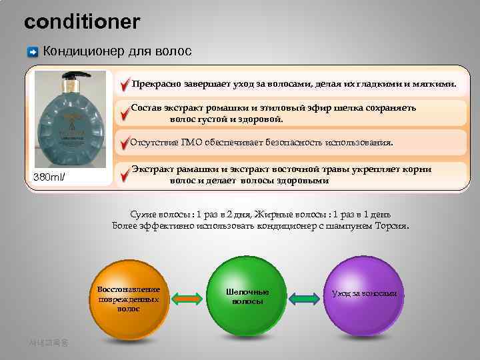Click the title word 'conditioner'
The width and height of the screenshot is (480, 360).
(82, 23)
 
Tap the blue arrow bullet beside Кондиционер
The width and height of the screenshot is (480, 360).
(33, 52)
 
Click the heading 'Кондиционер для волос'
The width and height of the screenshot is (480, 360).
(117, 51)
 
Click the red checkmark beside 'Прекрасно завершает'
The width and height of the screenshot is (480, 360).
(125, 85)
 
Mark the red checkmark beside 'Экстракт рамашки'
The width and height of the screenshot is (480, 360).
(125, 174)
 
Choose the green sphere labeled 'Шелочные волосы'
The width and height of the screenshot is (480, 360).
(247, 297)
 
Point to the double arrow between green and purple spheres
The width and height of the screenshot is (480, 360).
(305, 297)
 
